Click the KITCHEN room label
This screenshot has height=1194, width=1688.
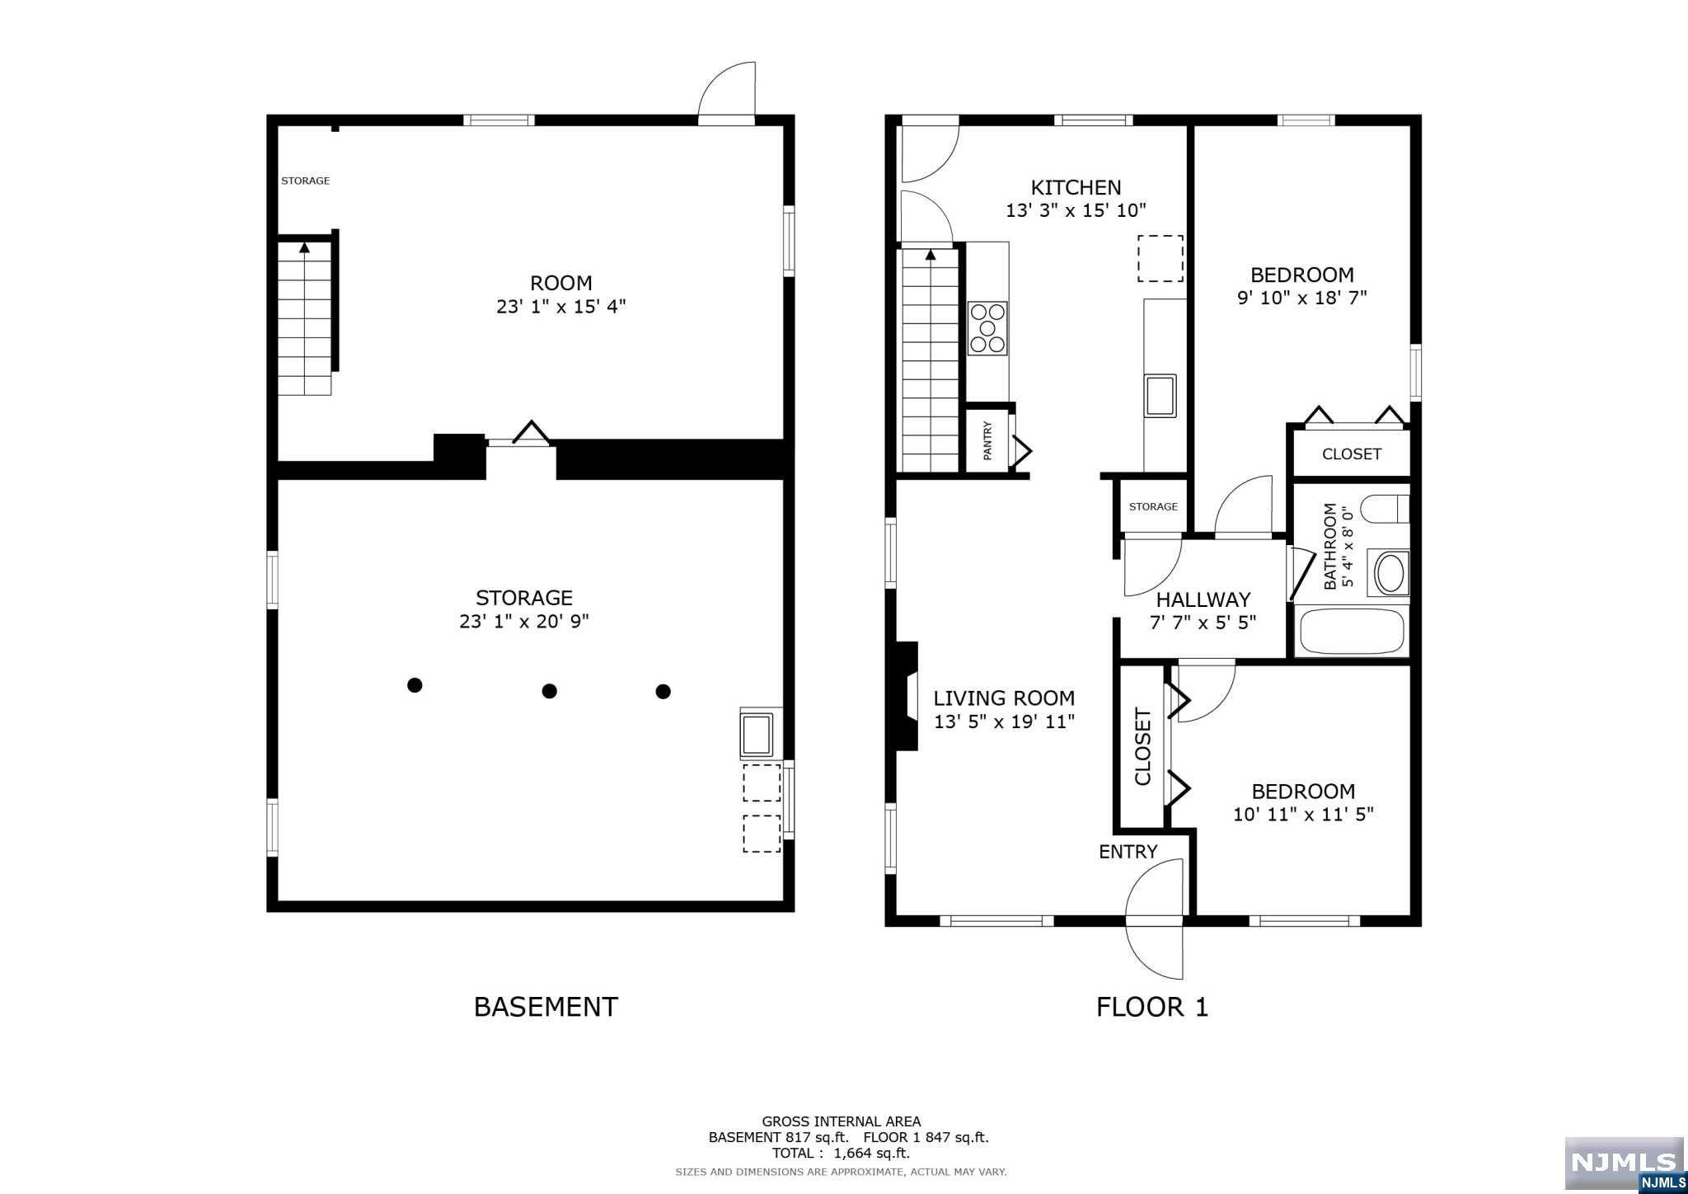pos(1076,187)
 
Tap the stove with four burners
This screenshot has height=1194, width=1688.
pos(987,328)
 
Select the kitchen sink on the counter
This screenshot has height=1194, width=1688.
pos(1160,395)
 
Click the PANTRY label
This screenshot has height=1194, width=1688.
pos(987,440)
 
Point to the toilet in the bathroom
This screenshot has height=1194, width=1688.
pos(1385,509)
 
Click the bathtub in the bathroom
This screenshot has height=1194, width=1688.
pos(1352,631)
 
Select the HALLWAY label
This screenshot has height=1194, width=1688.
pos(1203,599)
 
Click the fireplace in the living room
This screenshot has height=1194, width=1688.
pos(906,696)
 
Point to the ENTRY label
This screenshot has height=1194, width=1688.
pos(1128,852)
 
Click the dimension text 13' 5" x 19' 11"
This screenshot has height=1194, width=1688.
pos(1004,722)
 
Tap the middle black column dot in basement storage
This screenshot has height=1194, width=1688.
pos(549,691)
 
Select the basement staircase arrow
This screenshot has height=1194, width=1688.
pos(304,247)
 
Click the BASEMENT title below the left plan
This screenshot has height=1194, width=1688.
pos(546,1007)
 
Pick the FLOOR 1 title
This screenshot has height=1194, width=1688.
pos(1151,1007)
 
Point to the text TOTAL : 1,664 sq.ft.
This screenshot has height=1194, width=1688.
pos(841,1153)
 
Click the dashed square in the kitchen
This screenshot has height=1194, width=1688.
pos(1160,258)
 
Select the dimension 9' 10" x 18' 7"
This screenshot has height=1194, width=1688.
pos(1302,298)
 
